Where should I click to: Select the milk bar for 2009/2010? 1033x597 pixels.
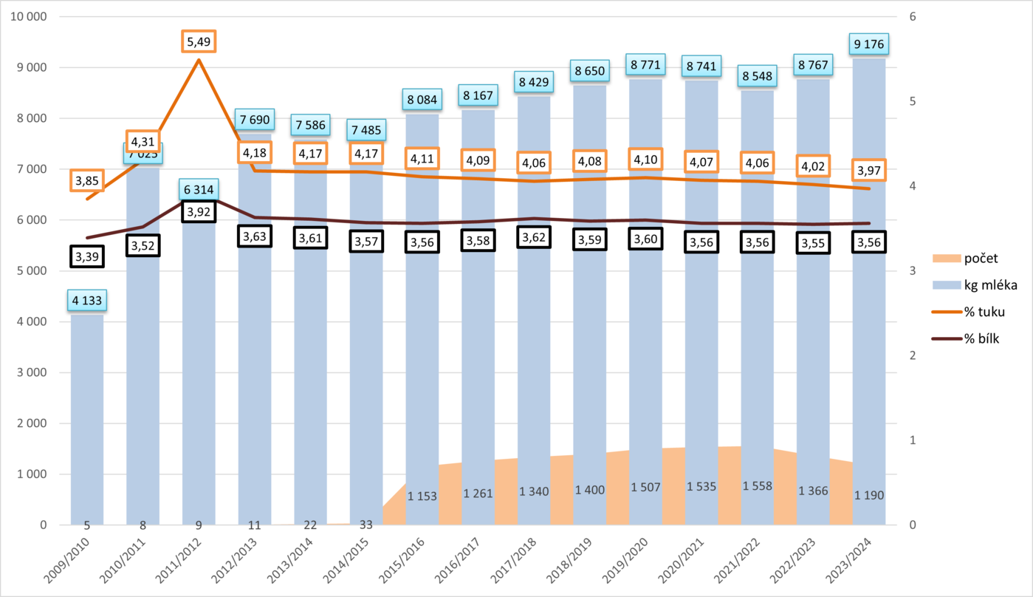point(87,414)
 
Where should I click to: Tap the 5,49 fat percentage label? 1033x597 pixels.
point(199,42)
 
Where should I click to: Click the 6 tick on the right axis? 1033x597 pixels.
point(913,17)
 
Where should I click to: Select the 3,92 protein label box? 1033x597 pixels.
point(199,211)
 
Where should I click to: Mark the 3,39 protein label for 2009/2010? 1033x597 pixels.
point(87,256)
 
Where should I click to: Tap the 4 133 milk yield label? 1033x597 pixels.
point(87,301)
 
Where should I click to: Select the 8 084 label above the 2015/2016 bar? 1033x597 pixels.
point(422,99)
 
